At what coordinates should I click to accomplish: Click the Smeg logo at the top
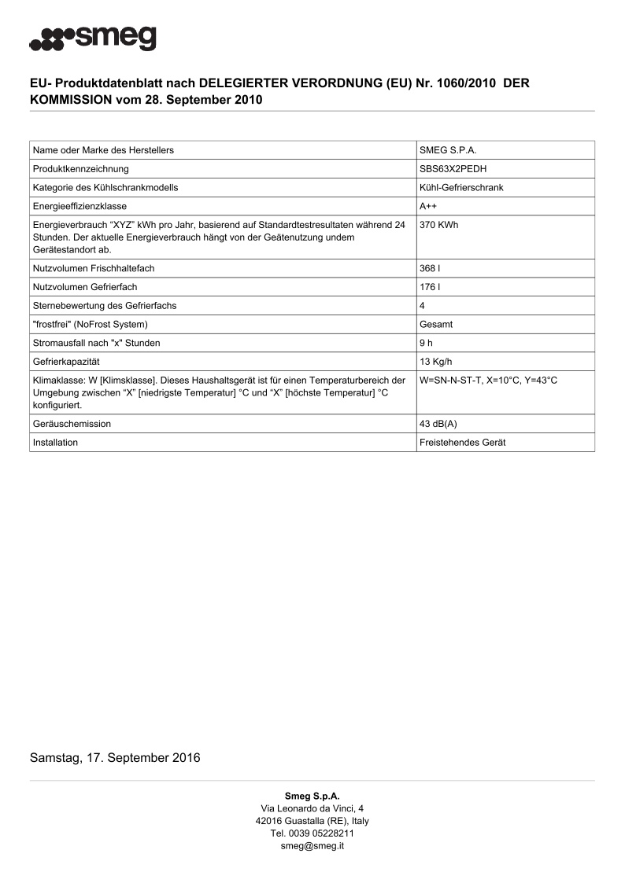click(x=93, y=38)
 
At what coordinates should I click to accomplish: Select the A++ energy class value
click(x=429, y=206)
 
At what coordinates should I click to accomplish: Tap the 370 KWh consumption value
click(x=439, y=225)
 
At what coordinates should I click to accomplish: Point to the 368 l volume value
click(x=430, y=268)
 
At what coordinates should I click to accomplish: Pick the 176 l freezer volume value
click(x=430, y=287)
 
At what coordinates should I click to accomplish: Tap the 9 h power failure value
click(x=427, y=343)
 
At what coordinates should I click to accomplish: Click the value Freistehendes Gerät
click(x=463, y=442)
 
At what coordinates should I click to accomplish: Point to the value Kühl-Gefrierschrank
click(x=461, y=187)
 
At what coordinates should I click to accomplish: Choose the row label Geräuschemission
click(x=72, y=424)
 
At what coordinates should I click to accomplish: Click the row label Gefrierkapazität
click(x=68, y=362)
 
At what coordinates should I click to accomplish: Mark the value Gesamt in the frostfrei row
click(x=436, y=324)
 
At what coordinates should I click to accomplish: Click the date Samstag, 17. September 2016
click(x=115, y=758)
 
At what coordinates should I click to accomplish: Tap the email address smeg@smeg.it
click(x=312, y=845)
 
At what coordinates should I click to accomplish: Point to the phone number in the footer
click(x=312, y=833)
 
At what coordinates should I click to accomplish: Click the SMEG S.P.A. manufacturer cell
click(x=449, y=149)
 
